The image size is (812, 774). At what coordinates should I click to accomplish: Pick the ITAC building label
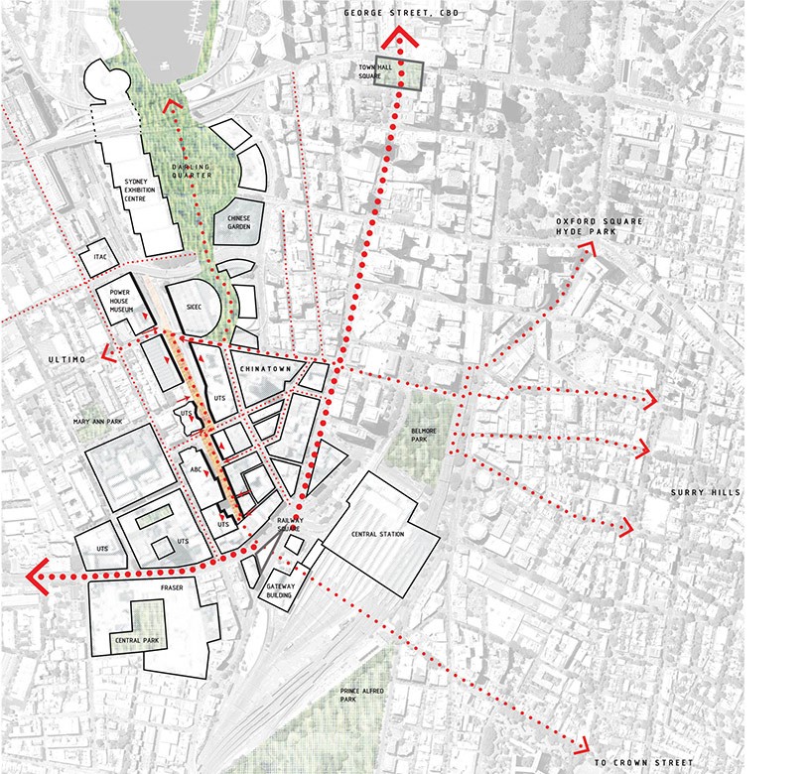tap(99, 257)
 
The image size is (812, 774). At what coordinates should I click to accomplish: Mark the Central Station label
tap(377, 535)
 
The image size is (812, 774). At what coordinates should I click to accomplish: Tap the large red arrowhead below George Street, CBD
tap(401, 38)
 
